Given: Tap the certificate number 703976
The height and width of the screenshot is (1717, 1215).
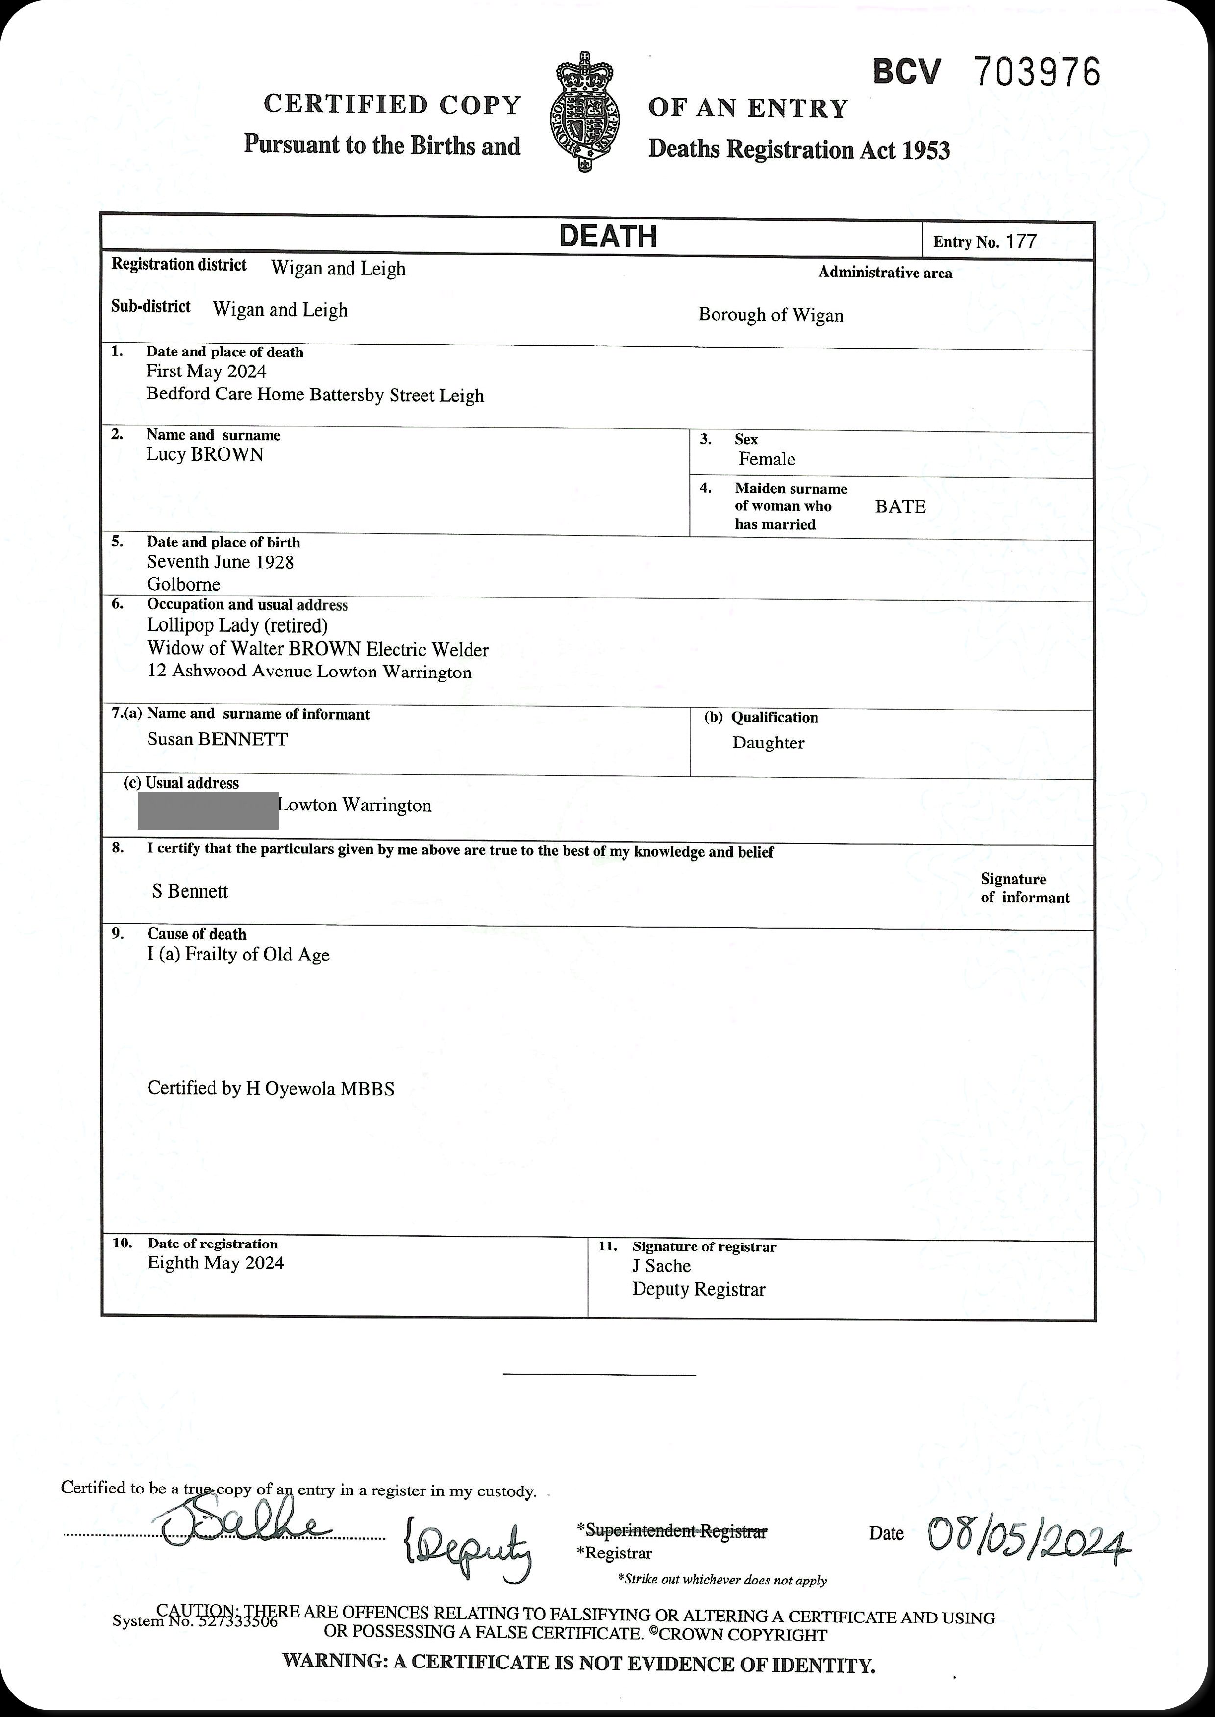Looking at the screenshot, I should click(x=1037, y=73).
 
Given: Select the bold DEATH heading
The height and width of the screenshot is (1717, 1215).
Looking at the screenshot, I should click(x=608, y=236).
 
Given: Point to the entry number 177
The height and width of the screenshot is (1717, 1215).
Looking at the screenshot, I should click(x=1021, y=241).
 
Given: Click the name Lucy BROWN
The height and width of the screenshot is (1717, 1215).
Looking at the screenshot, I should click(x=205, y=455).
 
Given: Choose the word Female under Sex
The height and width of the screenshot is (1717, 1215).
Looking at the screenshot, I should click(x=767, y=459).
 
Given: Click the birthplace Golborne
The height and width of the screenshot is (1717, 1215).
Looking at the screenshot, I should click(x=183, y=584).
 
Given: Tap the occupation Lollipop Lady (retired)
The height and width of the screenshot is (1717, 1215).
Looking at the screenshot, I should click(x=237, y=625).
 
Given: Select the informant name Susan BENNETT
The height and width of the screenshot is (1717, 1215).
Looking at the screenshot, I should click(x=218, y=739).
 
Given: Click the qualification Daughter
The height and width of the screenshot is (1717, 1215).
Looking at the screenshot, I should click(x=769, y=743).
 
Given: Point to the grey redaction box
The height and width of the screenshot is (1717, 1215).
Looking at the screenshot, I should click(x=208, y=810).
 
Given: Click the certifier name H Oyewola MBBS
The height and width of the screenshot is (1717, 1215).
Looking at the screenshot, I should click(x=320, y=1089).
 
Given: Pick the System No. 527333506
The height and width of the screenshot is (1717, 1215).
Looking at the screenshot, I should click(x=195, y=1622).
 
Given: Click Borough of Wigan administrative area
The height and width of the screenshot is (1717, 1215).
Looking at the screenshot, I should click(x=770, y=315).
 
